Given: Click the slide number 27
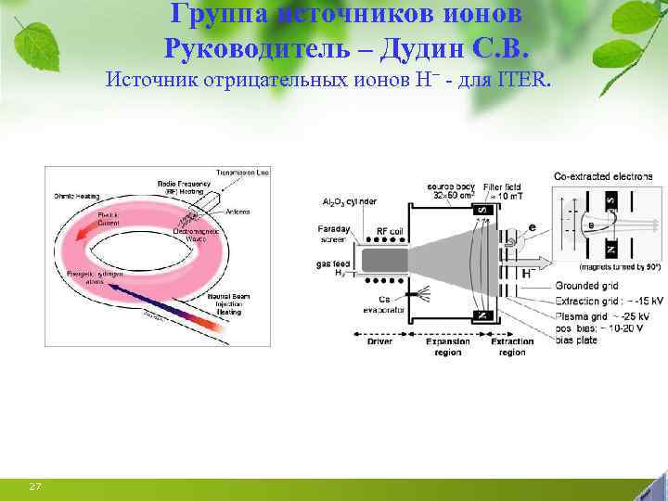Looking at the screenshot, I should point(34,486).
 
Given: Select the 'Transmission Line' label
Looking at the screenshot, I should point(243,173).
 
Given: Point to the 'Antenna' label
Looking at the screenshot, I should point(238,212).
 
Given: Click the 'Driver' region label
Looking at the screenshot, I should point(379,341).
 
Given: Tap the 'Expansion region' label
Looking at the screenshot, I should point(448,347).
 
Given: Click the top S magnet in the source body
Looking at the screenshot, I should point(482,212).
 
